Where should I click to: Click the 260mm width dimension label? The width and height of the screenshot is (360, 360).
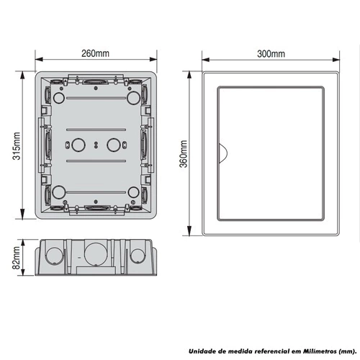click(95, 53)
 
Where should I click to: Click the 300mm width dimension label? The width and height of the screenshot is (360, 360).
click(271, 54)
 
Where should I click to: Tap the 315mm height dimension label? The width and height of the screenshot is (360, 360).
click(17, 146)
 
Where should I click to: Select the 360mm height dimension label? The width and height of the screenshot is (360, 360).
click(184, 153)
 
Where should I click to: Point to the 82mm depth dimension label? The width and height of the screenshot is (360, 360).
click(17, 258)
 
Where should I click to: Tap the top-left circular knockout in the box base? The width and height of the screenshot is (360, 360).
click(58, 98)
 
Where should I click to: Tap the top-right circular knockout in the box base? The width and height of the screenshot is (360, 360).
click(133, 98)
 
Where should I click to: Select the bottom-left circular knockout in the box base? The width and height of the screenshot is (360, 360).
click(58, 192)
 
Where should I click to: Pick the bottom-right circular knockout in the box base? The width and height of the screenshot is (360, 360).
click(133, 192)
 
